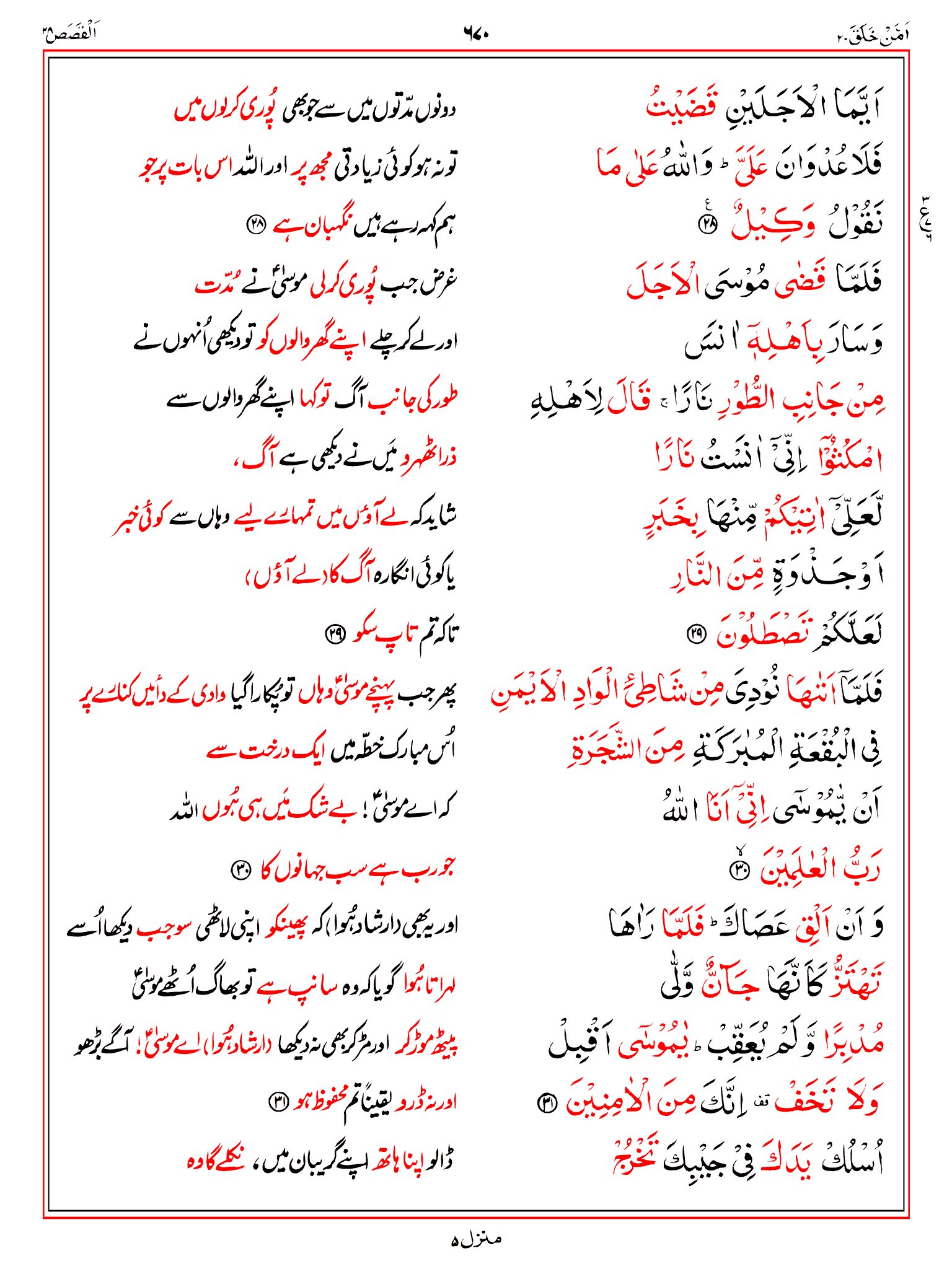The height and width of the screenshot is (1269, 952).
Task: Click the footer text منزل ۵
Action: (x=476, y=1239)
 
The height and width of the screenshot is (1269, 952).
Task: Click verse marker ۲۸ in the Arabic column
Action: (x=707, y=226)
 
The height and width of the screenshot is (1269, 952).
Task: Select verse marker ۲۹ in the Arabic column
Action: (x=695, y=633)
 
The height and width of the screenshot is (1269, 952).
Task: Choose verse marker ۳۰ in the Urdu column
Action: (x=240, y=870)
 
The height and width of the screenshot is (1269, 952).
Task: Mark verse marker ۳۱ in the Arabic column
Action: (x=547, y=1103)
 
